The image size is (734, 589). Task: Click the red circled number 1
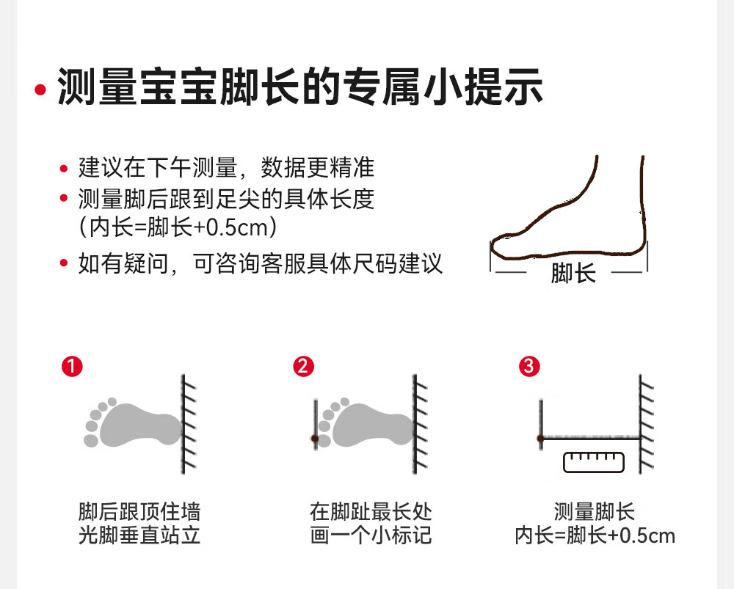[x=71, y=366]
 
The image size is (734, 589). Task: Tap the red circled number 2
[x=302, y=366]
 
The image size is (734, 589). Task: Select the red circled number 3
[x=528, y=366]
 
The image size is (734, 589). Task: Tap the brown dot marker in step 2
[x=314, y=439]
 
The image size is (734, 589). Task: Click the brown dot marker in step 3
[x=540, y=439]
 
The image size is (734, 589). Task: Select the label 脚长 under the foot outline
[x=573, y=274]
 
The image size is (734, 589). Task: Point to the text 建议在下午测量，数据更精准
[x=226, y=168]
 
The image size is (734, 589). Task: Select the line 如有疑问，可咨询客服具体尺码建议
[x=261, y=263]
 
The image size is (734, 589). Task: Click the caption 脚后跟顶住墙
[x=139, y=511]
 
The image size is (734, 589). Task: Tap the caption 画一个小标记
[x=371, y=535]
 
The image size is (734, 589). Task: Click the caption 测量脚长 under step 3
[x=595, y=511]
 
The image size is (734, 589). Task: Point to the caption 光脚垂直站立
[x=139, y=535]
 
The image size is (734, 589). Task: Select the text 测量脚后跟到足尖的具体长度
[x=226, y=199]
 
